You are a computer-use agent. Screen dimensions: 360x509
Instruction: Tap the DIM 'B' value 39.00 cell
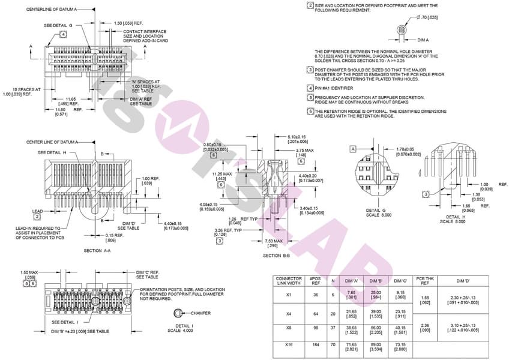pos(376,312)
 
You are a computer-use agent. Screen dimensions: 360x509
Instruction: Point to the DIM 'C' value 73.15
pos(400,347)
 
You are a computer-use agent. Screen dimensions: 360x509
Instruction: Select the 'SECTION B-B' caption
pos(277,255)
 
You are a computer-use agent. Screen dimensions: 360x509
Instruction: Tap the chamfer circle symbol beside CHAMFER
pos(178,313)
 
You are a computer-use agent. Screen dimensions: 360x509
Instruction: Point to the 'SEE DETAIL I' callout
pos(65,322)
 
